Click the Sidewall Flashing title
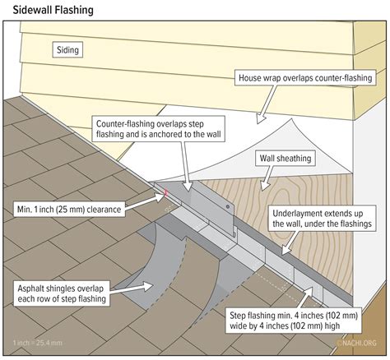[53, 10]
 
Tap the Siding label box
[67, 50]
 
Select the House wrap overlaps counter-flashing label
[305, 78]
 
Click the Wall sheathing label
[286, 159]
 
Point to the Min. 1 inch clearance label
[69, 210]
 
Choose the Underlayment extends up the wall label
[322, 219]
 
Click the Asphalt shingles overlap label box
[62, 293]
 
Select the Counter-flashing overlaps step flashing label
[158, 129]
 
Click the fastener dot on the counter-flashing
[228, 206]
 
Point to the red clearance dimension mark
[165, 193]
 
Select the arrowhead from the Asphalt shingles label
[146, 286]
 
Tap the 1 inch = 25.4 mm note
[37, 343]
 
